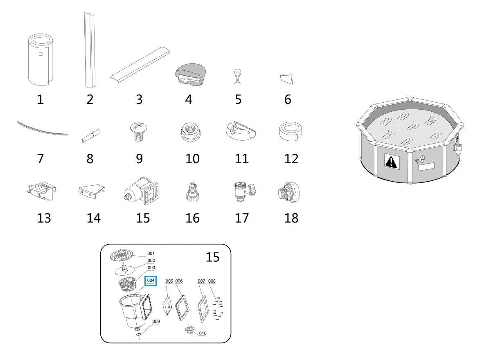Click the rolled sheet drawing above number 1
[41, 60]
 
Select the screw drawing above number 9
[139, 132]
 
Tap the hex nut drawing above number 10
[191, 132]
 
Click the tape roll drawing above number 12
[291, 131]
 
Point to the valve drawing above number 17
[245, 191]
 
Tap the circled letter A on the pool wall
[422, 159]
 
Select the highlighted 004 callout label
[151, 281]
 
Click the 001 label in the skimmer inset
[151, 254]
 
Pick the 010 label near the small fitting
[203, 333]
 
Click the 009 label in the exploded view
[156, 322]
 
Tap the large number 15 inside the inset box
[212, 257]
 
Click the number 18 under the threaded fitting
[291, 218]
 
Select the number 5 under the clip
[238, 99]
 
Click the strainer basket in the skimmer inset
[127, 284]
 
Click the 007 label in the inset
[201, 281]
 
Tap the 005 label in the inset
[169, 281]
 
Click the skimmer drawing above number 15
[142, 191]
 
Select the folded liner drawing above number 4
[190, 75]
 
